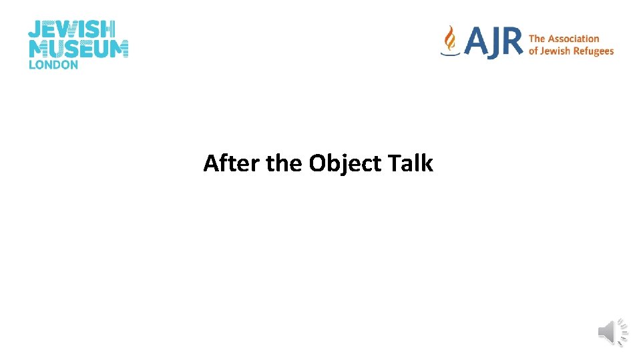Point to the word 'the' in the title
pyautogui.click(x=284, y=163)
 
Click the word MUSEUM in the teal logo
pyautogui.click(x=78, y=49)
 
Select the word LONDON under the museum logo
pyautogui.click(x=53, y=65)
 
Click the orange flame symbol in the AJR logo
pyautogui.click(x=451, y=39)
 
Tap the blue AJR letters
pyautogui.click(x=493, y=43)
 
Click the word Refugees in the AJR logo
pyautogui.click(x=591, y=51)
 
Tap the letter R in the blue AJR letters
pyautogui.click(x=511, y=43)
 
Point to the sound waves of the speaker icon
pyautogui.click(x=623, y=332)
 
